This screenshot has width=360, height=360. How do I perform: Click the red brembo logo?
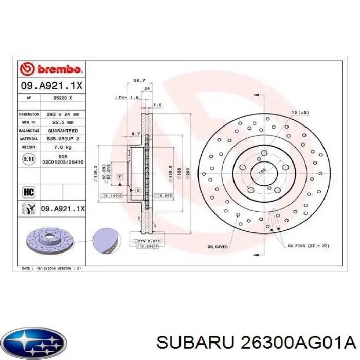[50, 69]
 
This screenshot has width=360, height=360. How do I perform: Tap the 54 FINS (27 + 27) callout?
[308, 246]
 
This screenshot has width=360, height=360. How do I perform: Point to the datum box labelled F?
[120, 177]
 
